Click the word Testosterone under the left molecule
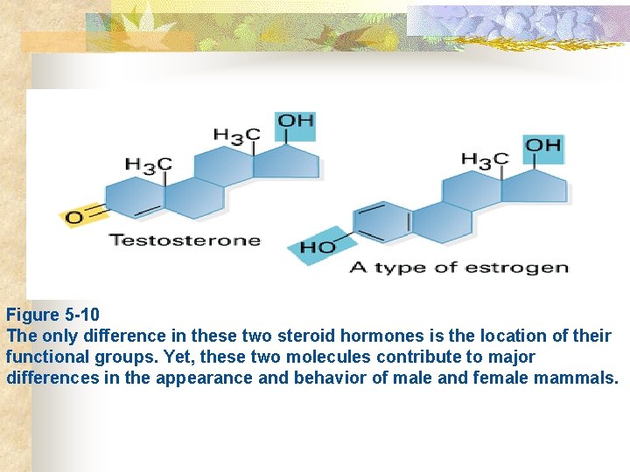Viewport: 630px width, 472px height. [185, 240]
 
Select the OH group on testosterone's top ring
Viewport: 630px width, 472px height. [296, 122]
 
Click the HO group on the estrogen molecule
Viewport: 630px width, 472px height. [318, 246]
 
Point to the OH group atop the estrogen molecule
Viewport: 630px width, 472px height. [543, 145]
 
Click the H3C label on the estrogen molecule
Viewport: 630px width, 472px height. [484, 159]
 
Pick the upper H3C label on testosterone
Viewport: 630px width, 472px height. [236, 135]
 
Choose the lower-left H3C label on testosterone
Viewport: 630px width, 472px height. [148, 164]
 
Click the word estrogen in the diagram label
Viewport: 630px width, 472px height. [525, 267]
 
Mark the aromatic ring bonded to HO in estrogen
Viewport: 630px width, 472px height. [382, 222]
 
